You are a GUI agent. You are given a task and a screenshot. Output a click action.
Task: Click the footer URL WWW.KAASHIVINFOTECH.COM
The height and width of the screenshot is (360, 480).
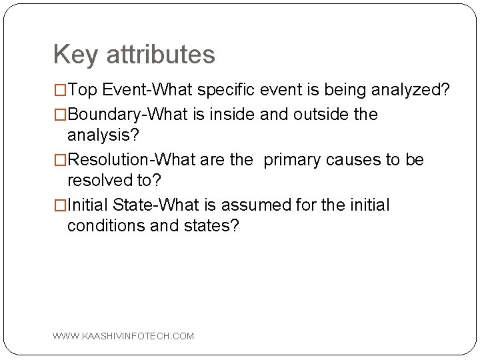(x=123, y=336)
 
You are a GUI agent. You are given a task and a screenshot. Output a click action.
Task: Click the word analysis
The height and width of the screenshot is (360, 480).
(x=103, y=135)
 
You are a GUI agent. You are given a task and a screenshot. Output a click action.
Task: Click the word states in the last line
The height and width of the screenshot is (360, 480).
(x=214, y=225)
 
